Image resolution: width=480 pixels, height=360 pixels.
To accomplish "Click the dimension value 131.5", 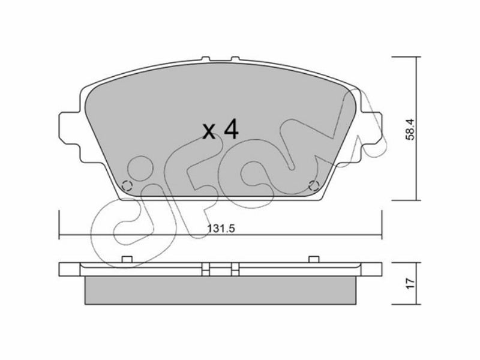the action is pos(221,229).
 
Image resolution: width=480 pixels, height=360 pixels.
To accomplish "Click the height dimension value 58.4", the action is pos(410,129).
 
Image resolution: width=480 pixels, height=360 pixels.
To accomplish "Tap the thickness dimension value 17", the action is pos(410,283).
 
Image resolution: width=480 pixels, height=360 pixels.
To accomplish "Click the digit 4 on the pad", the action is pos(231,129).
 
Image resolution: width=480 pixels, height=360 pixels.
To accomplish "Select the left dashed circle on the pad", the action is pos(127,185).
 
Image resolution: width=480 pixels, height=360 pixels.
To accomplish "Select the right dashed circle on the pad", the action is pos(314,185).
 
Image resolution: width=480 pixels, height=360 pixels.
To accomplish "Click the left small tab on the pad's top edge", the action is pos(206,58).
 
